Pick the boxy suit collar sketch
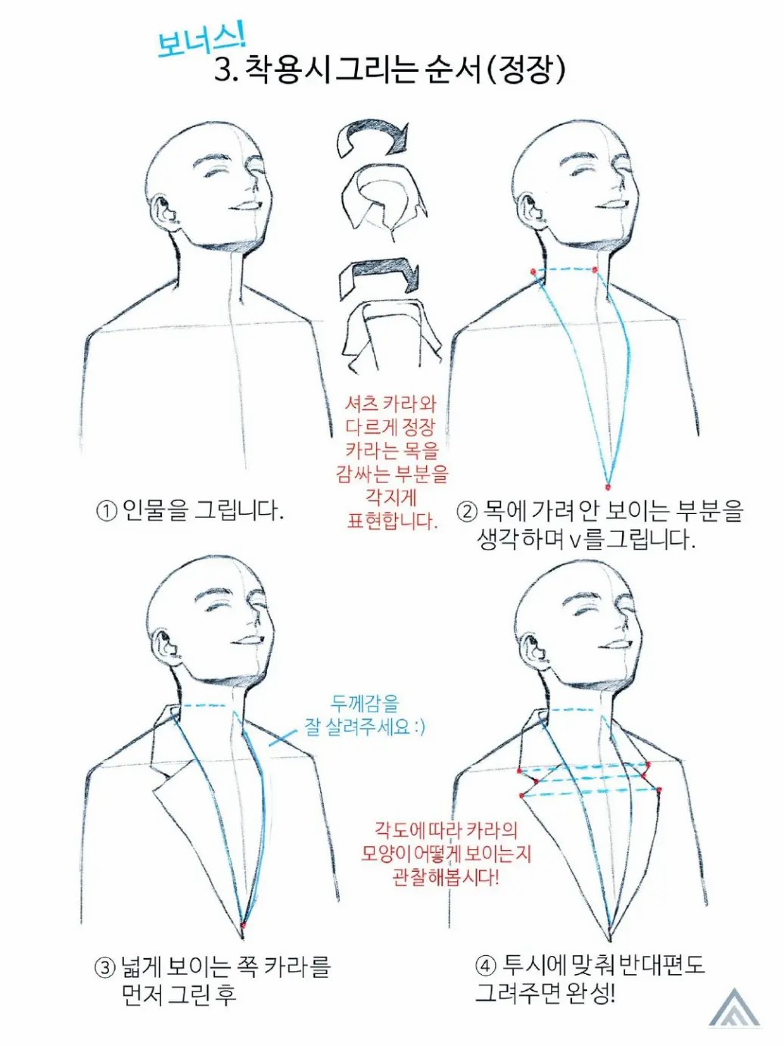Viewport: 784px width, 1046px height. (390, 336)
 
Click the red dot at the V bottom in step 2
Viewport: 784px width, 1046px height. (607, 487)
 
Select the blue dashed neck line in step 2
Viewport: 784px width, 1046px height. (565, 269)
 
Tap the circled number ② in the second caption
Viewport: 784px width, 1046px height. (467, 512)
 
